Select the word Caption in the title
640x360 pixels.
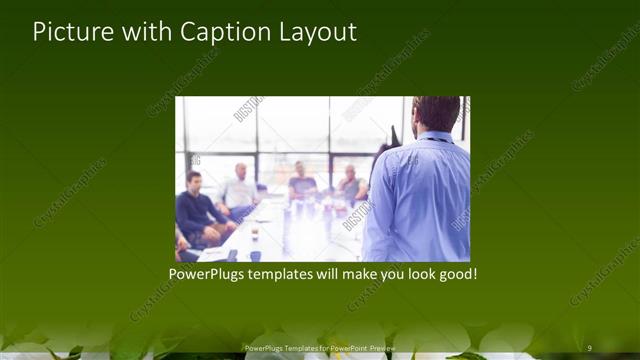pyautogui.click(x=220, y=32)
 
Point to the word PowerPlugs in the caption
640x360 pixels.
pyautogui.click(x=208, y=273)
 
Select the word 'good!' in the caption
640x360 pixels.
pyautogui.click(x=456, y=273)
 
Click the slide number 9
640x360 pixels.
pyautogui.click(x=589, y=348)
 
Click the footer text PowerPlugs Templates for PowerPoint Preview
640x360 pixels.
pyautogui.click(x=320, y=348)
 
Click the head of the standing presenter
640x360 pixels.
pyautogui.click(x=436, y=113)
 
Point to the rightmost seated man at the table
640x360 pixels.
pyautogui.click(x=349, y=184)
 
